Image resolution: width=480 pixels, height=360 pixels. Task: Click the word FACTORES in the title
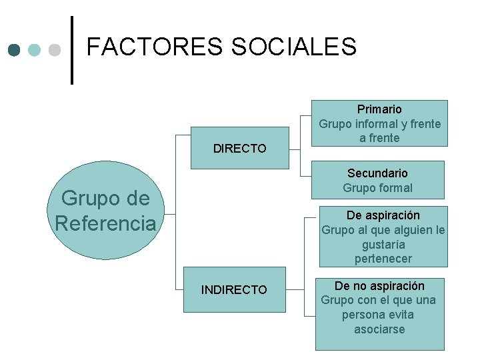(x=155, y=47)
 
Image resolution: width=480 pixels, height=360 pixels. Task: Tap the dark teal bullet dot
(x=15, y=50)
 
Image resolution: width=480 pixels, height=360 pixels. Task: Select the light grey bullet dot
(x=55, y=50)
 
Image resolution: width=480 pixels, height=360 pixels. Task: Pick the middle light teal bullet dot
(x=35, y=50)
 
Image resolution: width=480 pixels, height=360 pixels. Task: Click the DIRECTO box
(x=239, y=148)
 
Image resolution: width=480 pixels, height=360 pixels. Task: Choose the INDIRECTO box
(x=234, y=289)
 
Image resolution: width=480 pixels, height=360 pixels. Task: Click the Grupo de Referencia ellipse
(x=105, y=211)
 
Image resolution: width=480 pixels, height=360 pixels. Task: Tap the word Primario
(x=379, y=109)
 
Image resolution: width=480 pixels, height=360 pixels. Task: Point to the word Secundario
(x=377, y=173)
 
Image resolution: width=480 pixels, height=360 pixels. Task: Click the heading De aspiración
(x=383, y=215)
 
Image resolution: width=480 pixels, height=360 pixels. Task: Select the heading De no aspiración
(x=379, y=285)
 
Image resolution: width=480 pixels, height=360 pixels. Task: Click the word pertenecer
(x=383, y=259)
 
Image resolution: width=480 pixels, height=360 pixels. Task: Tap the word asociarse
(x=379, y=329)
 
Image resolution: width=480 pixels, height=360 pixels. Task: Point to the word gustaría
(x=383, y=244)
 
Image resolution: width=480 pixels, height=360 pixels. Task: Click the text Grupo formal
(x=377, y=188)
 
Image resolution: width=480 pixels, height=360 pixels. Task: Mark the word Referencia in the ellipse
(x=105, y=223)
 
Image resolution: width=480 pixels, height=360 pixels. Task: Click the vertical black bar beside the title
(x=71, y=50)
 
